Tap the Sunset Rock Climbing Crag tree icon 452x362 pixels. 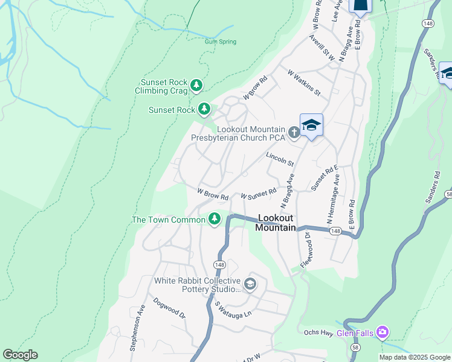pyautogui.click(x=196, y=86)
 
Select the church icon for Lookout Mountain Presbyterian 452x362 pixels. pyautogui.click(x=294, y=132)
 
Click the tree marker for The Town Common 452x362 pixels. pyautogui.click(x=214, y=219)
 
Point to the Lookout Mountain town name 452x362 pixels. pyautogui.click(x=276, y=223)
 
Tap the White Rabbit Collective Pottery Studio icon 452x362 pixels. pyautogui.click(x=250, y=284)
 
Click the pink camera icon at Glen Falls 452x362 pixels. pyautogui.click(x=382, y=332)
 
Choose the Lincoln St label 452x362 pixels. pyautogui.click(x=280, y=159)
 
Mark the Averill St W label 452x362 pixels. pyautogui.click(x=321, y=46)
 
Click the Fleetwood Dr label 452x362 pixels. pyautogui.click(x=306, y=250)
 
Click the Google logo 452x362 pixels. pyautogui.click(x=20, y=355)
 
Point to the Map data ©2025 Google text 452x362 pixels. pyautogui.click(x=414, y=357)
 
